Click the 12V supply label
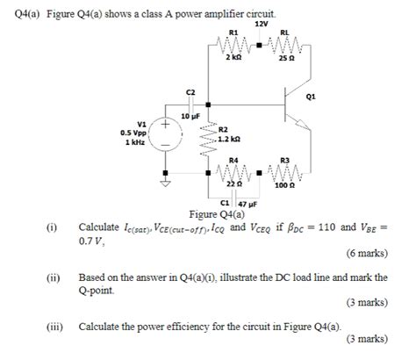[261, 24]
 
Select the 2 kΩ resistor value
[233, 57]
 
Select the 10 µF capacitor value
[191, 116]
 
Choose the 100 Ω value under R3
[283, 186]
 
